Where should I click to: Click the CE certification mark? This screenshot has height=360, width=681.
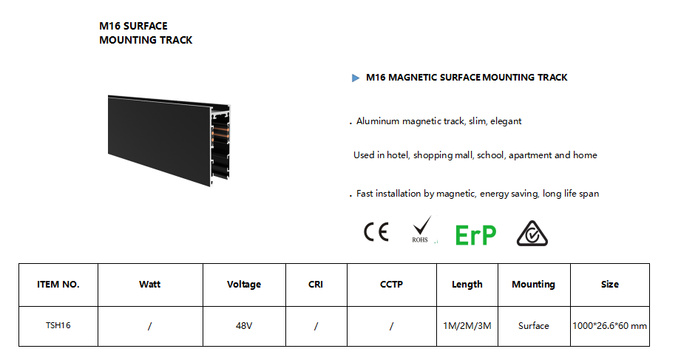click(x=376, y=232)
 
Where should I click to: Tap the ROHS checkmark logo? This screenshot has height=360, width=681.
click(x=421, y=229)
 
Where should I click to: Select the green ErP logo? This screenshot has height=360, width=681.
click(x=475, y=235)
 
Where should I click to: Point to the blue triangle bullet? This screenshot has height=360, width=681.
click(x=355, y=78)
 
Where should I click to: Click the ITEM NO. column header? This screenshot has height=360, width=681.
click(x=58, y=285)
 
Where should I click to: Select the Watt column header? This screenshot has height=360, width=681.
click(x=150, y=285)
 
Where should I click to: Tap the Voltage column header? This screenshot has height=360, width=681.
click(x=244, y=285)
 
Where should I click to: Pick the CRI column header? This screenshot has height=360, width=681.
click(x=316, y=285)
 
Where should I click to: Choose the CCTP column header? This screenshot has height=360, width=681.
click(x=391, y=285)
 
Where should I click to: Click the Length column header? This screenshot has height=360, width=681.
click(x=467, y=285)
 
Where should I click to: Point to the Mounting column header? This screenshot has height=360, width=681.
click(x=533, y=285)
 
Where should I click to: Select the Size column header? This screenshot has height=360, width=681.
click(x=610, y=285)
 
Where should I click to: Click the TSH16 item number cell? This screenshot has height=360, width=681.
click(x=58, y=325)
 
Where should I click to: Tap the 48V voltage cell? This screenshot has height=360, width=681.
click(x=244, y=326)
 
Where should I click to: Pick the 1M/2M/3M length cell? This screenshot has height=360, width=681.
click(x=467, y=326)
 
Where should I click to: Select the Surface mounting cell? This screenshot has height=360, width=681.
click(x=533, y=326)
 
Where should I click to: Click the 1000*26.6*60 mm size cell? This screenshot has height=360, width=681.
click(x=610, y=326)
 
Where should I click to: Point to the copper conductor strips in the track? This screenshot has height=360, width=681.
click(x=220, y=135)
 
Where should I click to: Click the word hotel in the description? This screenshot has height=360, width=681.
click(x=398, y=155)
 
